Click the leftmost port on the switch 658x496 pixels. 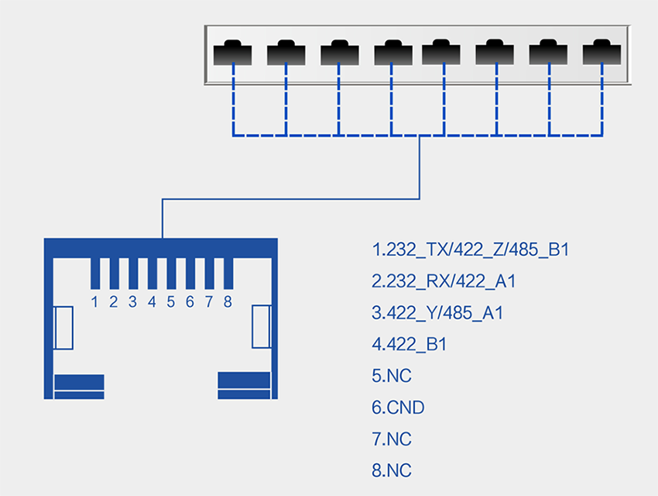232,53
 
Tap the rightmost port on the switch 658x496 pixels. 601,53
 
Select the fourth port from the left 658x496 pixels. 393,53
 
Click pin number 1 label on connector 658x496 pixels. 94,302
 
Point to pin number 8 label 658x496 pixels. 228,302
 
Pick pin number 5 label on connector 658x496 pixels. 170,302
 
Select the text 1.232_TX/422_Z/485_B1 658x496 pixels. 471,250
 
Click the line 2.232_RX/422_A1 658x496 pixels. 444,281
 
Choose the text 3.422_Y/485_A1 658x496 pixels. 438,313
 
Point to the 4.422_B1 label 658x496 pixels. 409,345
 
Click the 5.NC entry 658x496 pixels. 392,377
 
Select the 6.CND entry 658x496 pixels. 398,408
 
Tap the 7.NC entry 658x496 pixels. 392,439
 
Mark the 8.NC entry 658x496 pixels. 392,470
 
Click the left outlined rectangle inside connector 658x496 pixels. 63,327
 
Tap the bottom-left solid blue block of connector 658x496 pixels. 79,386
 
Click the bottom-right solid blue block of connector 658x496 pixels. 245,385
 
